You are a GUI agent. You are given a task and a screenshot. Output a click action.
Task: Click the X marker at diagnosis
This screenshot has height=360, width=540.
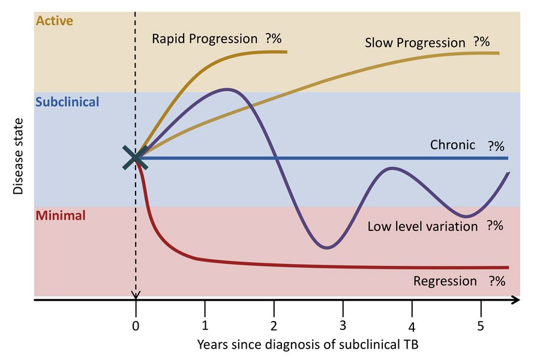135,157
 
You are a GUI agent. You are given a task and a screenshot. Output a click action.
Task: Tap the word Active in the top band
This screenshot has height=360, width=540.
55,21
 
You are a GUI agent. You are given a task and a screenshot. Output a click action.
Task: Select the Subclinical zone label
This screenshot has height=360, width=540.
67,102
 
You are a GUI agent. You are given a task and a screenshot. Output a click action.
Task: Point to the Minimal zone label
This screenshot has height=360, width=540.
61,215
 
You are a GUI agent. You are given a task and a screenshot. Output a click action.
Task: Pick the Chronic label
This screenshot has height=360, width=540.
452,145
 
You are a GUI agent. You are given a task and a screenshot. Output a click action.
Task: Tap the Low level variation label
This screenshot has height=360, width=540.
422,226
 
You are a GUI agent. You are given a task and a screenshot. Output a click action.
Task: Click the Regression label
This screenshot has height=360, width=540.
445,281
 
